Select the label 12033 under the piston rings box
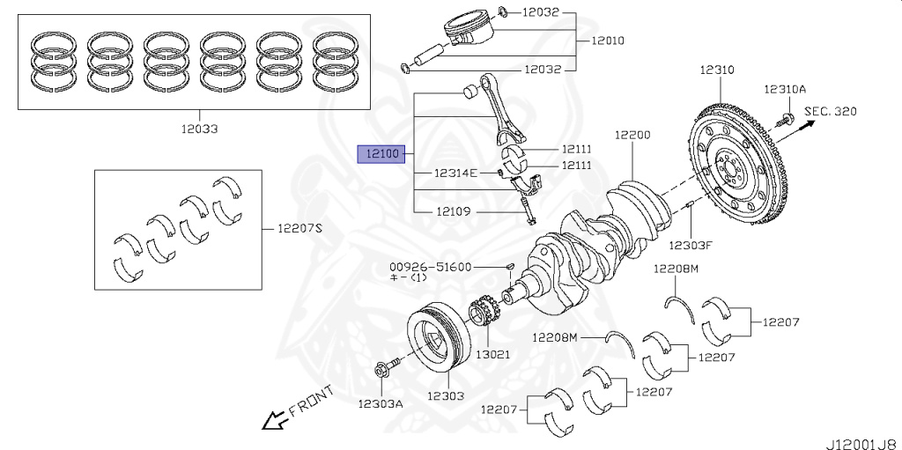(197, 129)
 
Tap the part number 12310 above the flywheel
(718, 69)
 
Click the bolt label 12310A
(785, 90)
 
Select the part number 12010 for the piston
(608, 41)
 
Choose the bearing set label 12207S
(300, 228)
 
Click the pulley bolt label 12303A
(381, 403)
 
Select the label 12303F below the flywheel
(691, 245)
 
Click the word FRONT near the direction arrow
(311, 401)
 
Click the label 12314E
(455, 173)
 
